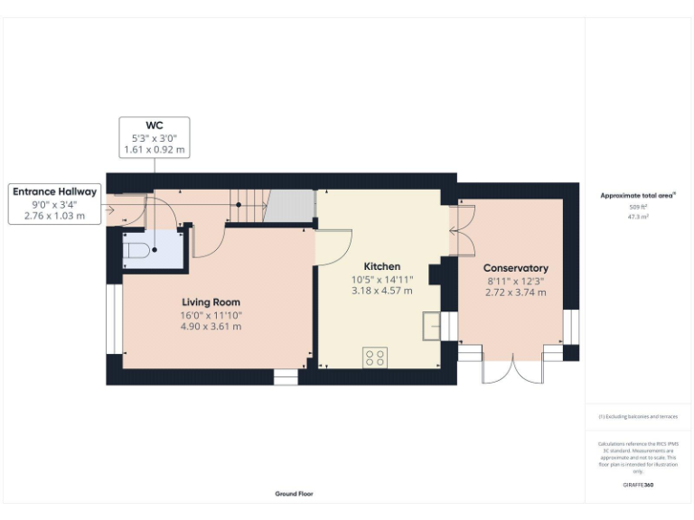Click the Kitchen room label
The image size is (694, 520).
coord(381,266)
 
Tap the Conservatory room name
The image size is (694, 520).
coord(515,268)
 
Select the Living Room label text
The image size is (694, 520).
coord(211,302)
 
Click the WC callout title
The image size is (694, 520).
coord(154,125)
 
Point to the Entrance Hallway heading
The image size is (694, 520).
coord(54,191)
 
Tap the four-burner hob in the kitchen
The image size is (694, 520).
coord(375,357)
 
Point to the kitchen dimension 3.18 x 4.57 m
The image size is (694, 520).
coord(381,291)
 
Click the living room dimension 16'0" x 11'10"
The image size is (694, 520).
coord(211,314)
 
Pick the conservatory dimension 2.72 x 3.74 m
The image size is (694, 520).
coord(515,292)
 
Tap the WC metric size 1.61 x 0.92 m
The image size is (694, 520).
coord(154,148)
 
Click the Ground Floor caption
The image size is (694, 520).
coord(295,494)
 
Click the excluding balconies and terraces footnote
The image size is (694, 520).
coord(638,416)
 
